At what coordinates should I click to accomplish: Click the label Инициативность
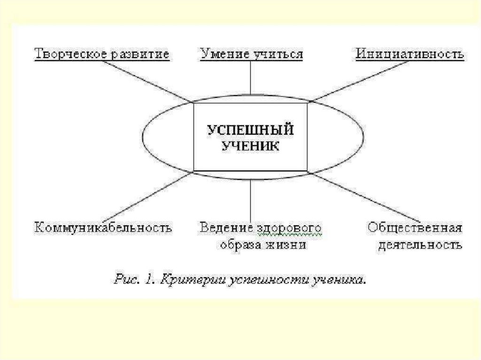click(x=410, y=54)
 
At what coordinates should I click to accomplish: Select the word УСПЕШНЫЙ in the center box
click(x=250, y=130)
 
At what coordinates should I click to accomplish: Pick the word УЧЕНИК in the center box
click(x=250, y=146)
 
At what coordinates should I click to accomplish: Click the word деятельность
click(x=415, y=245)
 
